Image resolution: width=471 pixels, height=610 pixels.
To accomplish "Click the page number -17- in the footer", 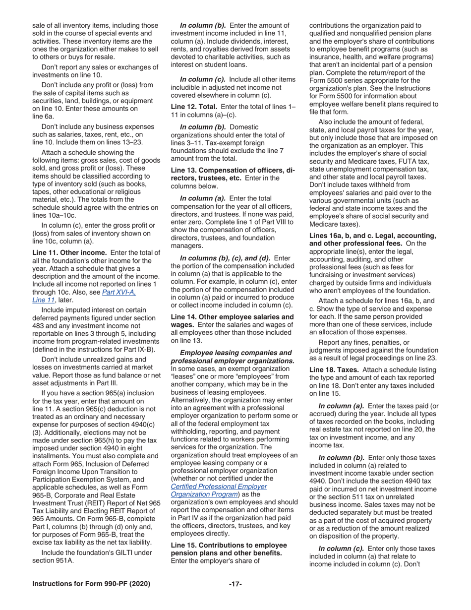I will coord(235,584).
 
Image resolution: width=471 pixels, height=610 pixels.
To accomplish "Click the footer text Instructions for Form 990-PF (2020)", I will coord(91,584).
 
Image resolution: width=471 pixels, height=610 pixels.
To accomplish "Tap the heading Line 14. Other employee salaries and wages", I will coord(232,317).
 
